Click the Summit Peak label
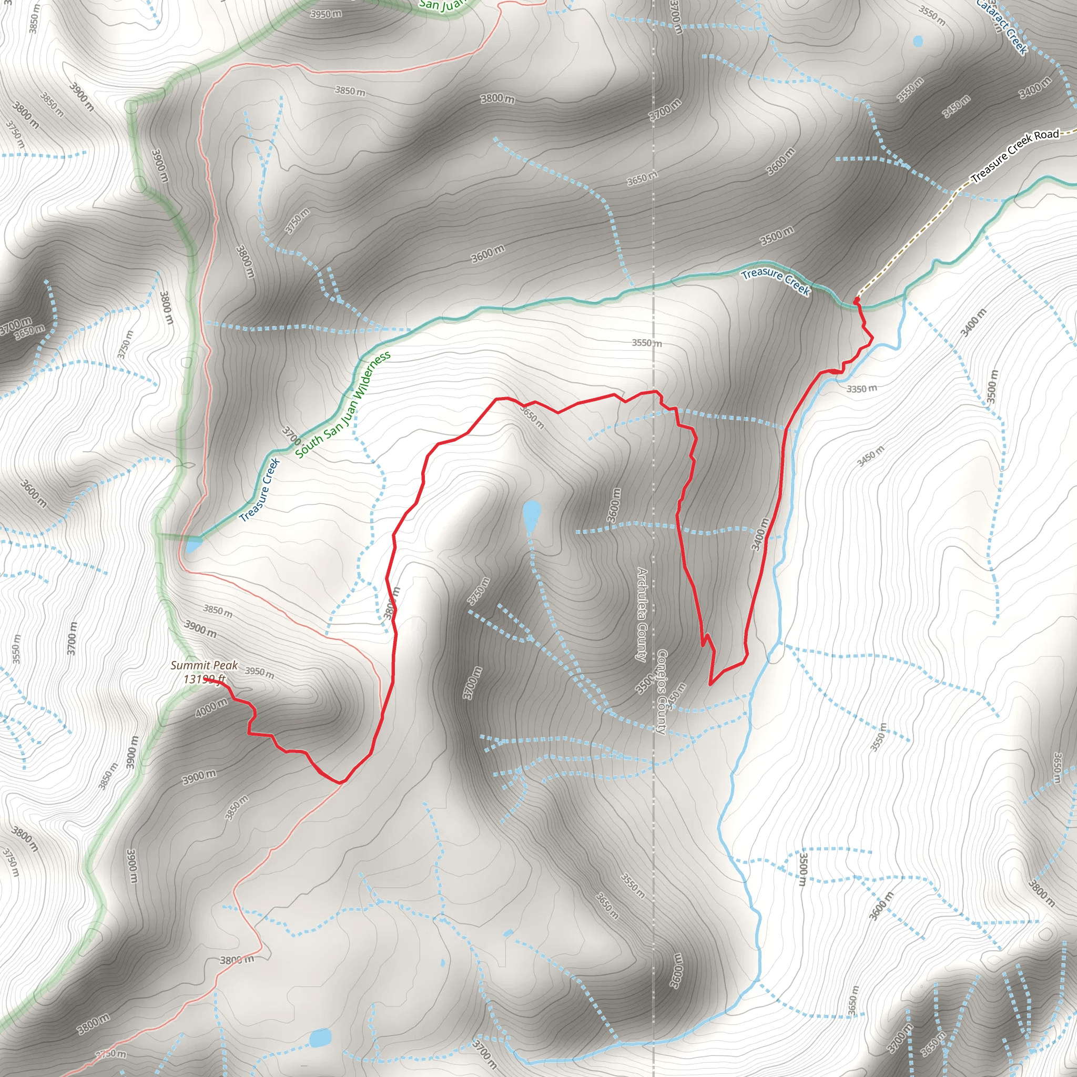[x=204, y=665]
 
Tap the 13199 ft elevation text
[x=204, y=679]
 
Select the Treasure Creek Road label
[x=1014, y=156]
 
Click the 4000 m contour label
[x=211, y=707]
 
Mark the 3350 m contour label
[x=861, y=389]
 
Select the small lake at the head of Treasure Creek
[x=192, y=545]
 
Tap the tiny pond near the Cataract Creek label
[x=918, y=40]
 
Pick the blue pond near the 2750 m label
[x=321, y=1038]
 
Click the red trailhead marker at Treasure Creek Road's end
[x=856, y=301]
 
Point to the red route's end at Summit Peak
[x=207, y=679]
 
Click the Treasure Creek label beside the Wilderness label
[x=260, y=490]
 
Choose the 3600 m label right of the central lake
[x=614, y=505]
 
